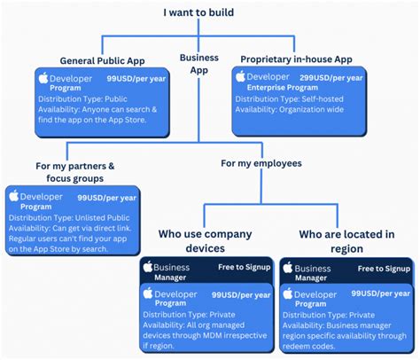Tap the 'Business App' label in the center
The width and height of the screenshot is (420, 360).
point(198,64)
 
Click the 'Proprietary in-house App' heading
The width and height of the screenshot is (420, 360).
point(296,59)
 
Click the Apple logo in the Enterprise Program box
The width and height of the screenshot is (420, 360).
point(240,77)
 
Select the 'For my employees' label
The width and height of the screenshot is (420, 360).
point(261,162)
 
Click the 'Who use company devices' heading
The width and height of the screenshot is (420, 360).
point(205,240)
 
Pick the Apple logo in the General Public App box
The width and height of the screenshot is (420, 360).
point(43,78)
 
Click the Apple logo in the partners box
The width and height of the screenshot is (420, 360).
point(14,196)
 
